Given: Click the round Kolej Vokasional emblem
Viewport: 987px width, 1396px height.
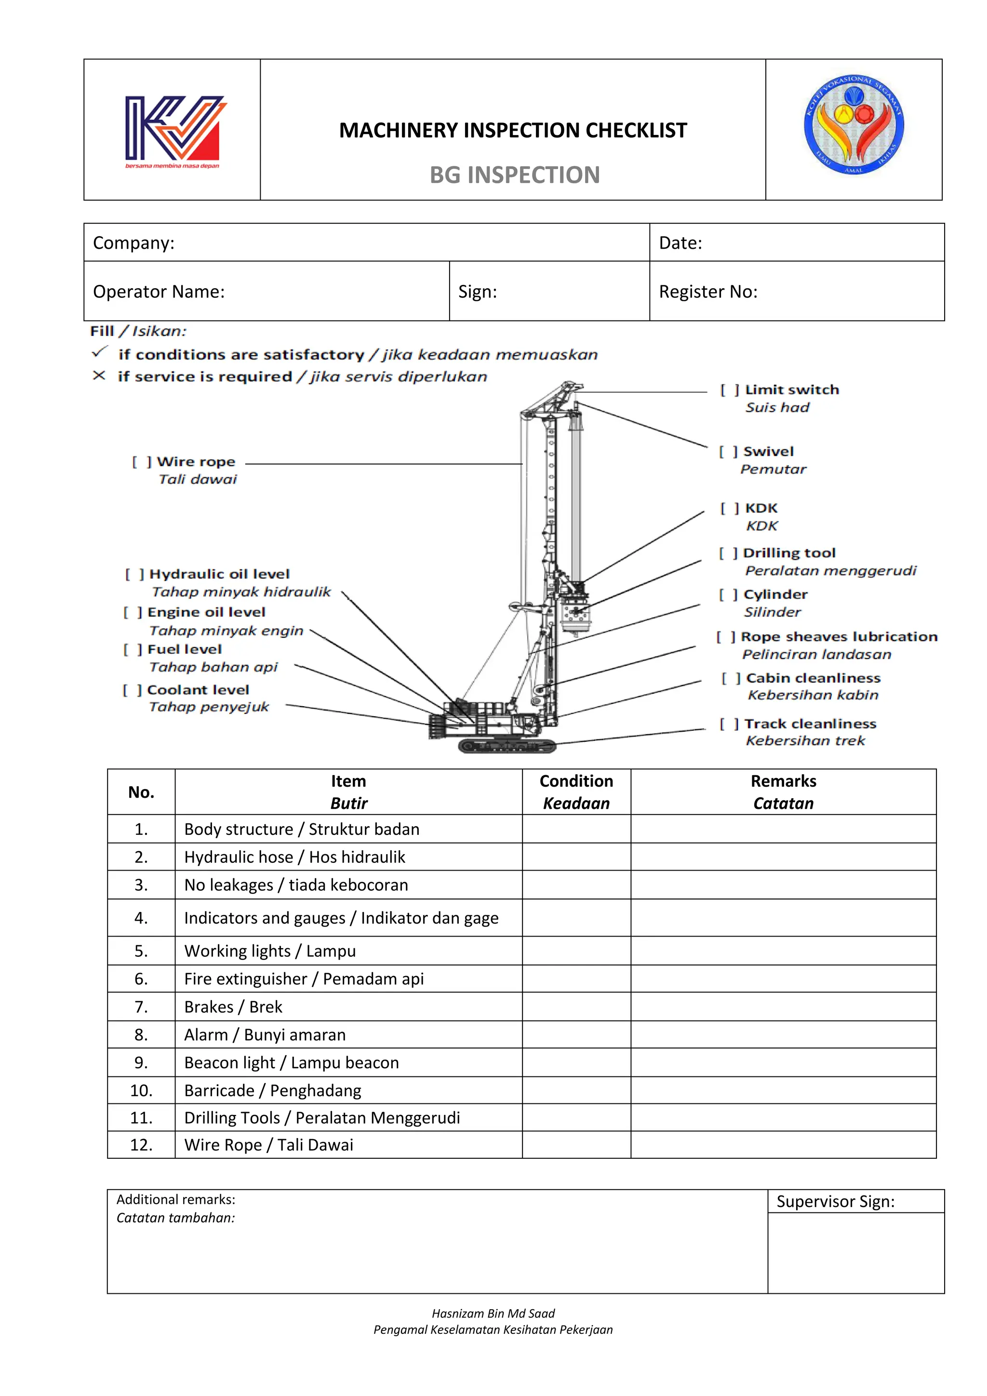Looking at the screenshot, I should click(854, 125).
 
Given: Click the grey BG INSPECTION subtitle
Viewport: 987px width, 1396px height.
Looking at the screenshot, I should click(514, 175).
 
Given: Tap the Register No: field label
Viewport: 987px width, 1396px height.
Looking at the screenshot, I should click(708, 292).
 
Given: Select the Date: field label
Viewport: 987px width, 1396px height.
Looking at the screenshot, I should click(680, 243).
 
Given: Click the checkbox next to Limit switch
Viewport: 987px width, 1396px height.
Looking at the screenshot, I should click(729, 390).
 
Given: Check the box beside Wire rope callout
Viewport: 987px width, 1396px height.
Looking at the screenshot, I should click(142, 462).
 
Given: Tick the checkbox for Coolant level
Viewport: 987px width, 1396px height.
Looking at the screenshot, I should click(132, 690).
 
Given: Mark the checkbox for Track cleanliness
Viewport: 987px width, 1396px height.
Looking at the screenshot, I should click(729, 724).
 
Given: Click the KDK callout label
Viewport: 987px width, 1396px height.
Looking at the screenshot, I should click(761, 508).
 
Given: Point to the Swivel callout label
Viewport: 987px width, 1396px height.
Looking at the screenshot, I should click(768, 451).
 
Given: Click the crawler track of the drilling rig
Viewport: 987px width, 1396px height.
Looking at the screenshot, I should click(507, 745).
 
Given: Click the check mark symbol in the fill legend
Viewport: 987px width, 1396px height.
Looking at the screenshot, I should click(100, 352).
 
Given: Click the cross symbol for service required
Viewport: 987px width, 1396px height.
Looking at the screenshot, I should click(99, 376).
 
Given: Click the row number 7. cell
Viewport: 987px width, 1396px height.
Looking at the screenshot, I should click(141, 1007).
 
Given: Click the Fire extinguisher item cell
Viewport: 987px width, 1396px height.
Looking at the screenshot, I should click(304, 979).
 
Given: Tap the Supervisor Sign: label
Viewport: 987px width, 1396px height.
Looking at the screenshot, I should click(835, 1201).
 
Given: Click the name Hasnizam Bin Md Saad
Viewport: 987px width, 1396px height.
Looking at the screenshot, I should click(493, 1313).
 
